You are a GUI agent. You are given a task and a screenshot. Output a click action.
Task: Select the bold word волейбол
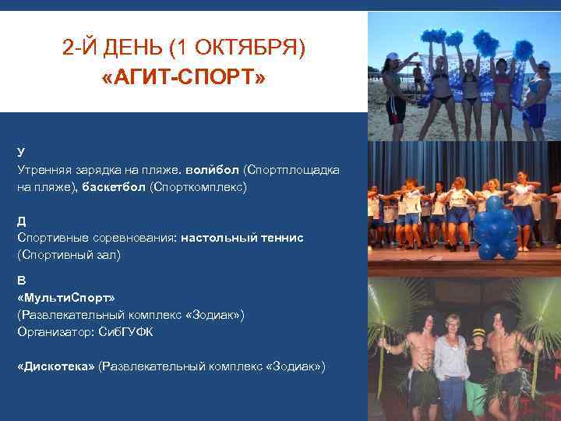pyautogui.click(x=213, y=168)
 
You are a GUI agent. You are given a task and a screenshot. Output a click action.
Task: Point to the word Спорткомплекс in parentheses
pyautogui.click(x=198, y=187)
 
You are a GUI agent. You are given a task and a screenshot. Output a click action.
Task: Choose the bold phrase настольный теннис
pyautogui.click(x=242, y=236)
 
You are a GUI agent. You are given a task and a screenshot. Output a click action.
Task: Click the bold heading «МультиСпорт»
pyautogui.click(x=65, y=298)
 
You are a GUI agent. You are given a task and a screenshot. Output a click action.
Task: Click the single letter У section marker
pyautogui.click(x=21, y=151)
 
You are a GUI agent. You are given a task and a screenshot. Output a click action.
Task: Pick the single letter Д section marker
pyautogui.click(x=22, y=220)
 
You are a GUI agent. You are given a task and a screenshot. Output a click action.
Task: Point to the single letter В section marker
pyautogui.click(x=21, y=280)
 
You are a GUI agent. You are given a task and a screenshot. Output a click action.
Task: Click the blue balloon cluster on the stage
pyautogui.click(x=495, y=228)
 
